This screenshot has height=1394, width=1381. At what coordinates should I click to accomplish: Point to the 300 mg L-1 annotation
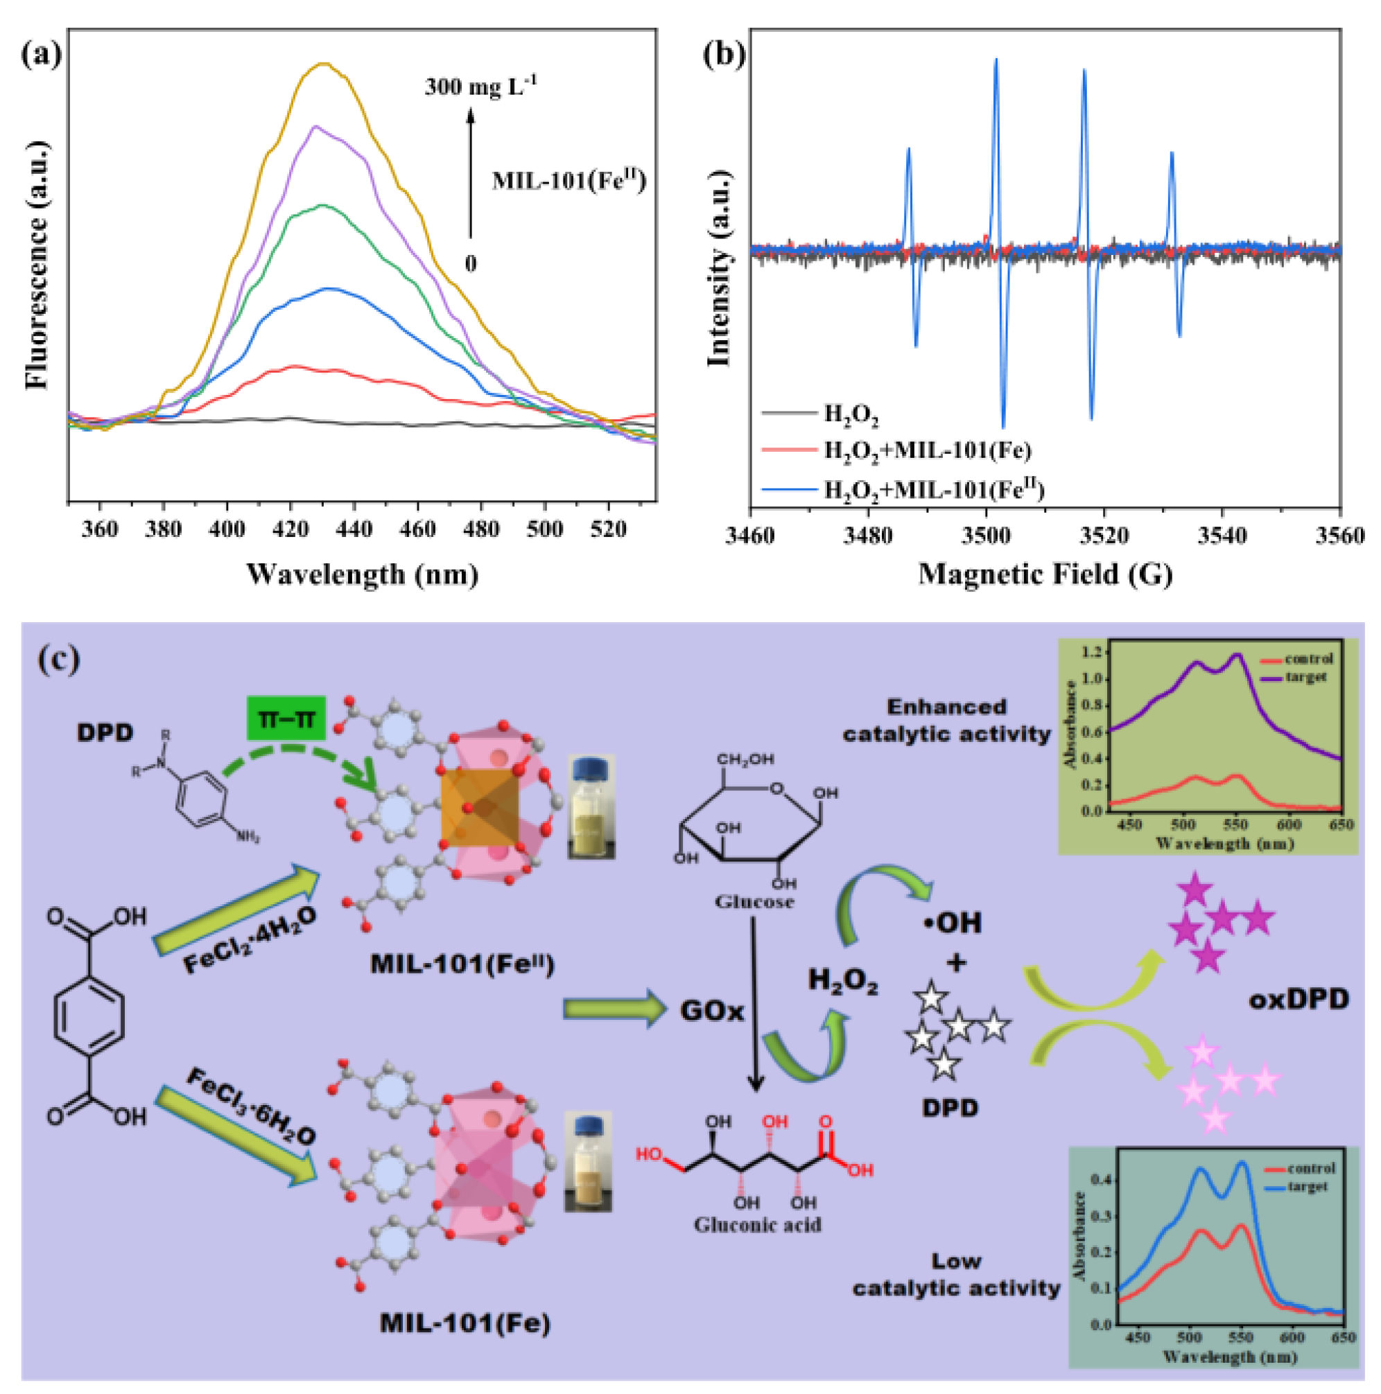pos(480,87)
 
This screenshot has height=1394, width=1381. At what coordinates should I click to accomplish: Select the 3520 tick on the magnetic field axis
pos(1104,536)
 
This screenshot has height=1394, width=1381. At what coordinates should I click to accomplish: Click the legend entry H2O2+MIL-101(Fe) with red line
pos(928,451)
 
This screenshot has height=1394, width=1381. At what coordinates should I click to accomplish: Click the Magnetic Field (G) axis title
pos(1045,575)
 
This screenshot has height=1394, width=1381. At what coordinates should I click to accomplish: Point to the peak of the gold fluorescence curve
pos(325,64)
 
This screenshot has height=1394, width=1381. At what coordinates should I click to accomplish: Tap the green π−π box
pos(286,718)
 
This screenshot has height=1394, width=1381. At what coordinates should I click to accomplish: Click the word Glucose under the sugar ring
pos(754,902)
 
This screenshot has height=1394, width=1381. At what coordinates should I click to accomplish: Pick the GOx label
pos(712,1012)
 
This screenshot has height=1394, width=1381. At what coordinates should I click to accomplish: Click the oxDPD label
pos(1298,1000)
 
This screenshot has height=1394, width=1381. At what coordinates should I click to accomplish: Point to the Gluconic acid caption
pos(757,1225)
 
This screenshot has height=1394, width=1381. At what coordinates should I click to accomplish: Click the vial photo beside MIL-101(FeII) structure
pos(591,806)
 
